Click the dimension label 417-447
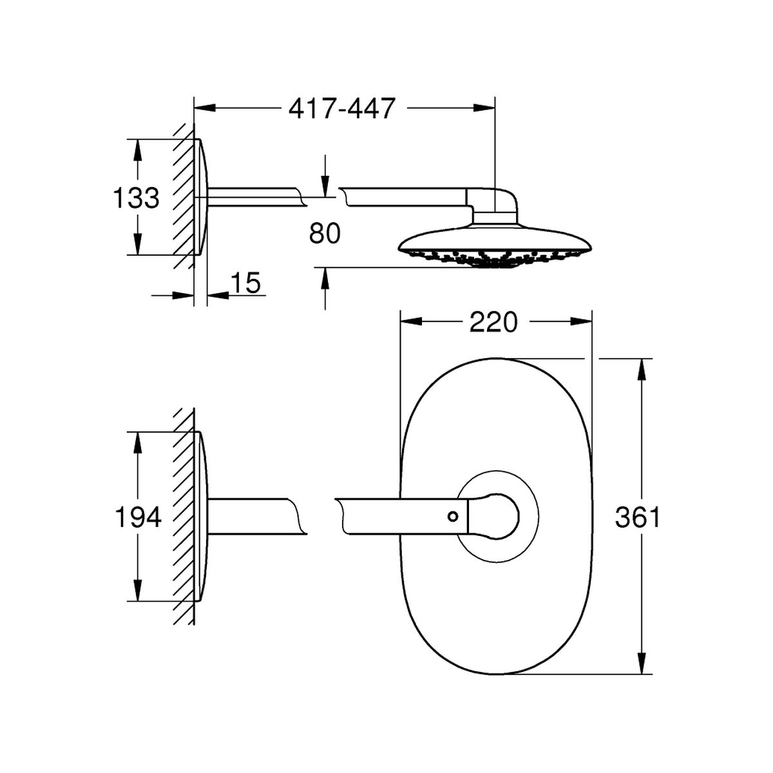click(342, 108)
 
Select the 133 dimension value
click(137, 198)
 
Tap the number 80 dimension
click(325, 233)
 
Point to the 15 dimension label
click(245, 283)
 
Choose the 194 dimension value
click(138, 517)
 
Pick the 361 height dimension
click(638, 517)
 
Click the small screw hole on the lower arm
click(453, 517)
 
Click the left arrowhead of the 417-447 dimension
click(205, 108)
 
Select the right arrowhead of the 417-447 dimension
click(484, 108)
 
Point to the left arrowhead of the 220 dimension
click(412, 321)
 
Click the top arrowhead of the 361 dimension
click(642, 370)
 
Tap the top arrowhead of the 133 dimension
click(137, 151)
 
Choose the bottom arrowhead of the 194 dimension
click(137, 590)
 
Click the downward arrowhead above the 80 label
click(325, 186)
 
